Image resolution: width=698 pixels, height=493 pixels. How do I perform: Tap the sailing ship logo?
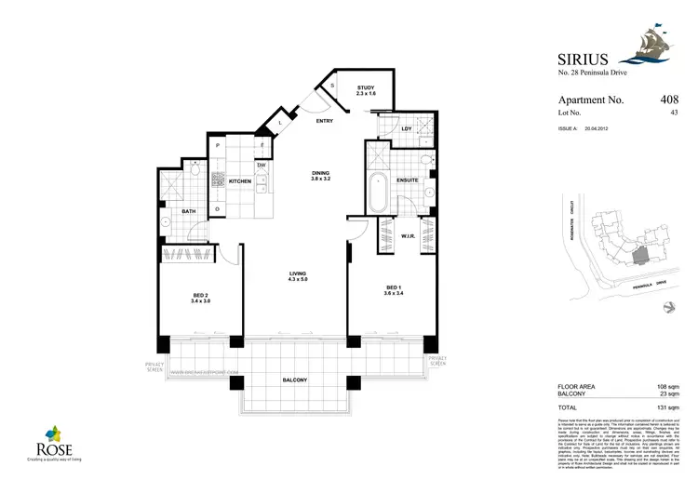pos(665,47)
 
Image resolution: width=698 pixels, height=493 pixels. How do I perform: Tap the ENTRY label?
pos(324,121)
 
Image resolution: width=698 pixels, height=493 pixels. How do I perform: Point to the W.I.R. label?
pos(407,235)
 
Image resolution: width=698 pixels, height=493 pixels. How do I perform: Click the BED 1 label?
pos(393,289)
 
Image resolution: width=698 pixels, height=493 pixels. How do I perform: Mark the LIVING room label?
pos(298,275)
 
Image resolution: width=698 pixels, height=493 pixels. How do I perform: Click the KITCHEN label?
pos(240,181)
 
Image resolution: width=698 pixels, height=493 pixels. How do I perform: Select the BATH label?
pos(189,212)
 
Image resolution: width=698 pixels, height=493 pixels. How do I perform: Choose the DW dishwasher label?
pos(262,166)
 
